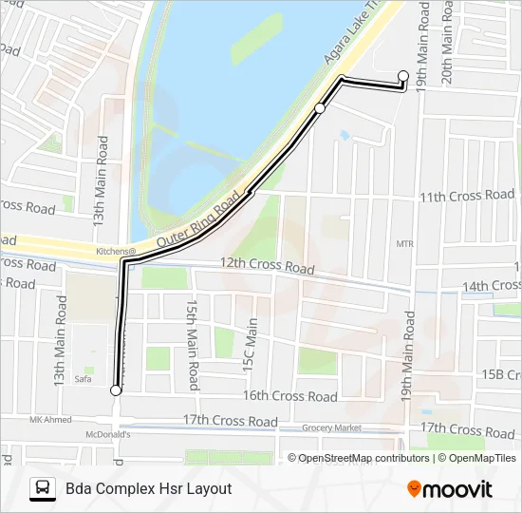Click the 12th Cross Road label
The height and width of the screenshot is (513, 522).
pyautogui.click(x=267, y=266)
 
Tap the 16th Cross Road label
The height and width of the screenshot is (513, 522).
pyautogui.click(x=289, y=396)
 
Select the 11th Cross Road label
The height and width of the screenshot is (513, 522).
pyautogui.click(x=467, y=196)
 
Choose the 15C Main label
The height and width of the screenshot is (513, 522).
pyautogui.click(x=252, y=343)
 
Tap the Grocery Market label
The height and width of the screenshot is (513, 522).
pyautogui.click(x=333, y=428)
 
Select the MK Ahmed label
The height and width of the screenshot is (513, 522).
pyautogui.click(x=51, y=419)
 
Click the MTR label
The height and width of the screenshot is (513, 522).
pyautogui.click(x=405, y=244)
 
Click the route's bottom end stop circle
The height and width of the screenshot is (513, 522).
pyautogui.click(x=116, y=390)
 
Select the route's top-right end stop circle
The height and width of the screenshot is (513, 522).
pyautogui.click(x=403, y=75)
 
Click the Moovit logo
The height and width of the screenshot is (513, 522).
pyautogui.click(x=450, y=489)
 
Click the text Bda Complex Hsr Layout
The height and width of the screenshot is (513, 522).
pyautogui.click(x=149, y=488)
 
